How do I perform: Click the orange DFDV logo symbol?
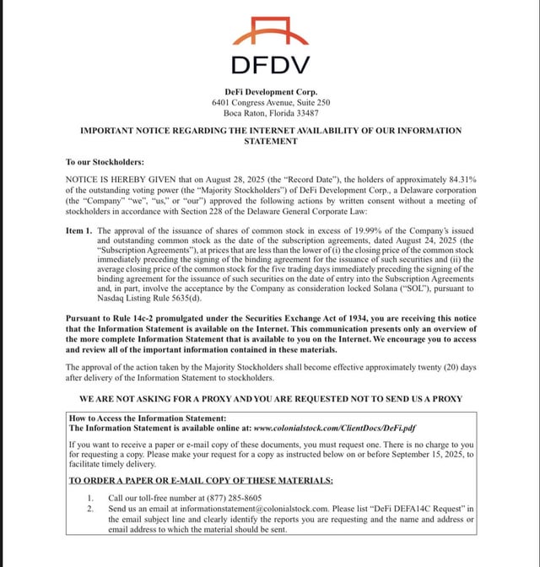tap(270, 31)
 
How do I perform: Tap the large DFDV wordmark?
tap(270, 65)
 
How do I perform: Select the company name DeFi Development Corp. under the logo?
tap(270, 91)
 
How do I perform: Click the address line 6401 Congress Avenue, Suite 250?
tap(270, 102)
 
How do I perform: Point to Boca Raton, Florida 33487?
tap(270, 113)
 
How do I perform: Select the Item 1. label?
tap(78, 230)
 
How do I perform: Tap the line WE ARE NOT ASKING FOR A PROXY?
tap(270, 397)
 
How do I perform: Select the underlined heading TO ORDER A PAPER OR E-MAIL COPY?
tap(201, 480)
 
